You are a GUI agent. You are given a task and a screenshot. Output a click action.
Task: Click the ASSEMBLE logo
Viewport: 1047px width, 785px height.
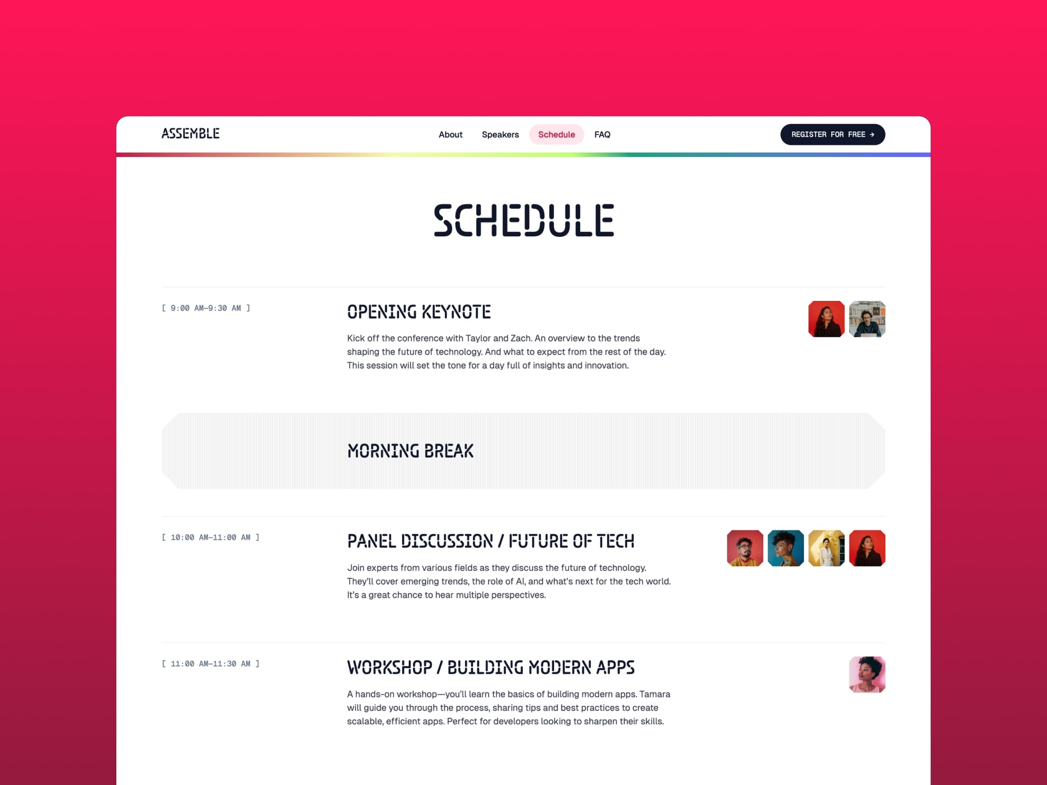(190, 134)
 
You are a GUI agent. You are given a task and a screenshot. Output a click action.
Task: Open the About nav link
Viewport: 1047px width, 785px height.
(450, 135)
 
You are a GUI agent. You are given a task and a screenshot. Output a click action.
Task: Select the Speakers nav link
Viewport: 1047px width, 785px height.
(500, 135)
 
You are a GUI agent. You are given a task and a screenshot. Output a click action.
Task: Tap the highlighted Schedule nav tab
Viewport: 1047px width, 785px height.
(556, 135)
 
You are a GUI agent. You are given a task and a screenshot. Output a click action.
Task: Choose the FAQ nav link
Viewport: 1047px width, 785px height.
(602, 135)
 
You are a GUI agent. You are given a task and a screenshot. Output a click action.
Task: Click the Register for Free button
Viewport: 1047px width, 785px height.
(832, 135)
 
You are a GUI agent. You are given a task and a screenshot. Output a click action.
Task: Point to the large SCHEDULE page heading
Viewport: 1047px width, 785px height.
(523, 220)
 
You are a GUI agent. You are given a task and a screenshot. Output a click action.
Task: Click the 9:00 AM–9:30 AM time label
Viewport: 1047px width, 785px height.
(206, 308)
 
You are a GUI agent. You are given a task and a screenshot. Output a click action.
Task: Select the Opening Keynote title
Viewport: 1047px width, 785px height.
(419, 312)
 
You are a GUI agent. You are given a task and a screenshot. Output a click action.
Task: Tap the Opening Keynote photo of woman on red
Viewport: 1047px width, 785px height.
(826, 319)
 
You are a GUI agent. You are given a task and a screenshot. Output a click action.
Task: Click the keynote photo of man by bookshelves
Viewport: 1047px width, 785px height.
(867, 319)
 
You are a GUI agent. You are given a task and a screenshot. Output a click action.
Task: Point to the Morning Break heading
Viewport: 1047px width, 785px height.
(411, 451)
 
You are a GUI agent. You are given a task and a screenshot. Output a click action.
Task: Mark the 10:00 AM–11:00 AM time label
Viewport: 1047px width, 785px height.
(211, 538)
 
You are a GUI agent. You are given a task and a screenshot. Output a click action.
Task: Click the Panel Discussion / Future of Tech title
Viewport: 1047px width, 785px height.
(490, 541)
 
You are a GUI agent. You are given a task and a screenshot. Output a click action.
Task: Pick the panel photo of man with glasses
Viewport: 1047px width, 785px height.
(745, 549)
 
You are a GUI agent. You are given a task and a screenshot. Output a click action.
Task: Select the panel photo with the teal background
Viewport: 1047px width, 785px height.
(785, 549)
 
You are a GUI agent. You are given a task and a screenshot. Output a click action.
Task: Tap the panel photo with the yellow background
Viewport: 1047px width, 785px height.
(826, 549)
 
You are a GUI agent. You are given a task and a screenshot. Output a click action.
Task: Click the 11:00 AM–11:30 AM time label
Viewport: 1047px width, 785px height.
(211, 664)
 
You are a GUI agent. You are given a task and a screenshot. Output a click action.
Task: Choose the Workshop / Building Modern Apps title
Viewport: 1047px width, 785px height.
(490, 668)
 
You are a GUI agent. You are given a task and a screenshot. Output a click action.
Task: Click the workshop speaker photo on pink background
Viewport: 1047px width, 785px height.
(867, 675)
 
